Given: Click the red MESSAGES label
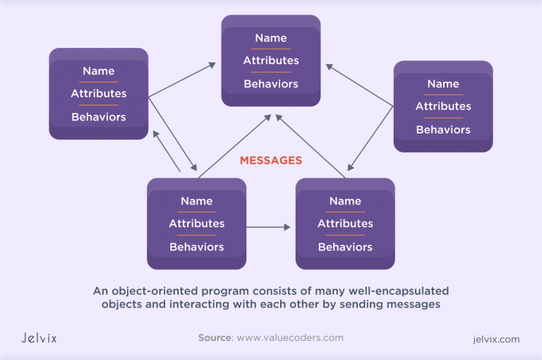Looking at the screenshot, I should (270, 161).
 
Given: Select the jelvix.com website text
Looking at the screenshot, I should (495, 339).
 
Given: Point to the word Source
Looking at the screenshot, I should (215, 337).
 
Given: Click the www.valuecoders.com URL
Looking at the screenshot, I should (290, 337).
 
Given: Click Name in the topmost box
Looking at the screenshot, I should (270, 38).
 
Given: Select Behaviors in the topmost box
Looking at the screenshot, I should (270, 84).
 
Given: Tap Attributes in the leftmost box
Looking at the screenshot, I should (99, 94).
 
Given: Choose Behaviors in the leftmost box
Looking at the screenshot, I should (99, 117).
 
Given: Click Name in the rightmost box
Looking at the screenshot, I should (443, 84).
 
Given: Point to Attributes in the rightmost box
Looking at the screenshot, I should (443, 107).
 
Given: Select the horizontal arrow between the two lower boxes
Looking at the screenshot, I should (268, 227).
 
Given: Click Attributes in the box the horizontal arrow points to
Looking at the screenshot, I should (345, 224).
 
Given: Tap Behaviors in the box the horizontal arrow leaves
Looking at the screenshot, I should (196, 247).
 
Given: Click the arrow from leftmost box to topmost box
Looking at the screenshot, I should (182, 80).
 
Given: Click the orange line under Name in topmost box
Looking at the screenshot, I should (270, 49).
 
